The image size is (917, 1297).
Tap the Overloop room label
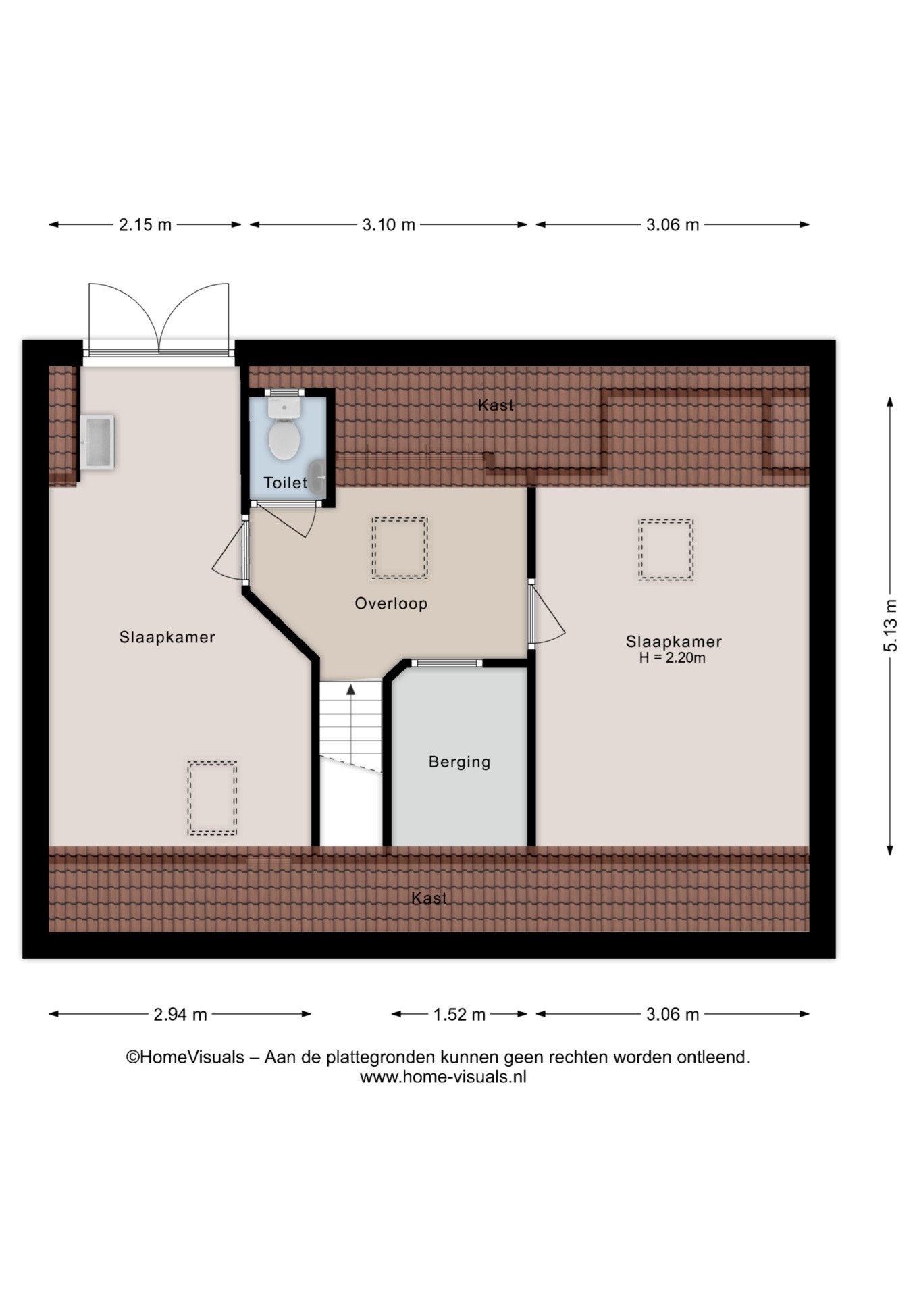tap(391, 603)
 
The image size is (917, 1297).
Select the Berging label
tap(459, 762)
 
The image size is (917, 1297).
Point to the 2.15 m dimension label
tap(145, 225)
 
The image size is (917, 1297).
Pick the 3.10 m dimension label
tap(388, 225)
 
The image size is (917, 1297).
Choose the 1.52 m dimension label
tap(459, 1015)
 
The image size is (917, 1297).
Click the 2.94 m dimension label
tap(180, 1015)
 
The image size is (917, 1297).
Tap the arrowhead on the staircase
tap(350, 689)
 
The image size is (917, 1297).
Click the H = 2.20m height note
tap(673, 658)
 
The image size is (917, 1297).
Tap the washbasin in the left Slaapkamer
tap(97, 442)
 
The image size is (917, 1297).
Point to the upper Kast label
tap(496, 405)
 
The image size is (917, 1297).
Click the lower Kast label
tap(429, 898)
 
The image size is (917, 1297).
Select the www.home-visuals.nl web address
tap(443, 1077)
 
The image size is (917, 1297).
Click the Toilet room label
tap(286, 483)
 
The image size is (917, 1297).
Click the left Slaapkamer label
tap(167, 637)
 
